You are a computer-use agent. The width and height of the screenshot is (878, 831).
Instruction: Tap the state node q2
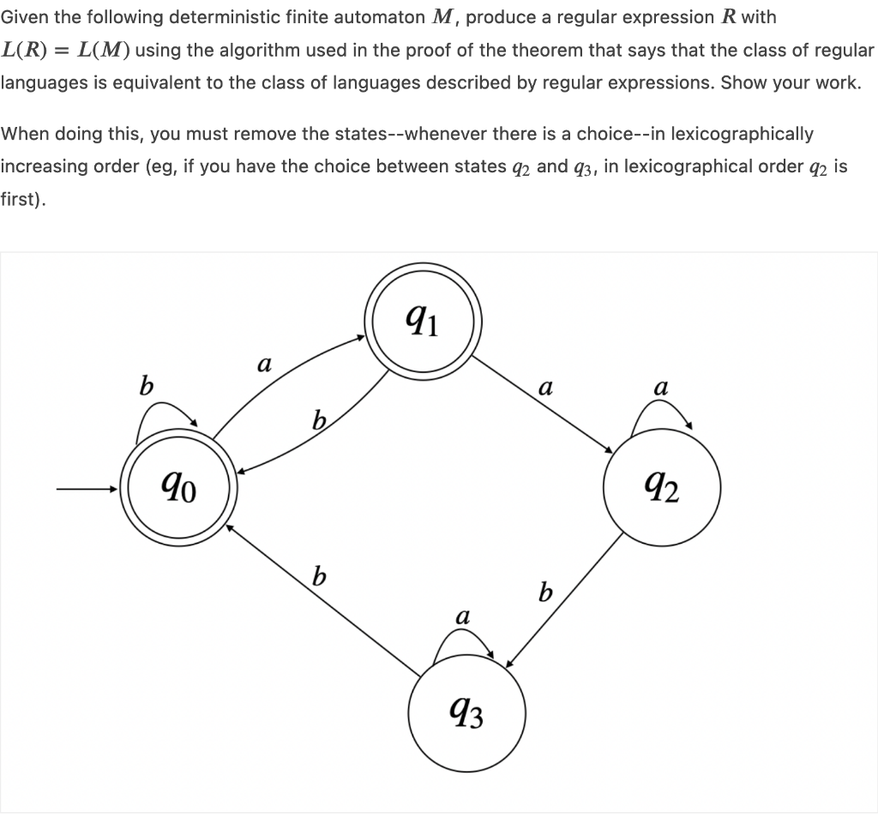click(662, 490)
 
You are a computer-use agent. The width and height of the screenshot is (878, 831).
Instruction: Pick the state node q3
click(466, 713)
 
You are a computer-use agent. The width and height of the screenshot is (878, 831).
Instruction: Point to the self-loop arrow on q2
click(661, 413)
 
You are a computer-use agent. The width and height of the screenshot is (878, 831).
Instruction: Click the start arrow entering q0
click(86, 491)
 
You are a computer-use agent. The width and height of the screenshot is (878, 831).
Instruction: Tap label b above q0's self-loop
click(147, 386)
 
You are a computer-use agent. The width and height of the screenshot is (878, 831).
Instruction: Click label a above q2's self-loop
click(661, 387)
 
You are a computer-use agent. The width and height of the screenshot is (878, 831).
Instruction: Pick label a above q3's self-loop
click(463, 616)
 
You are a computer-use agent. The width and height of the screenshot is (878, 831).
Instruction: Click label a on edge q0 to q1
click(264, 365)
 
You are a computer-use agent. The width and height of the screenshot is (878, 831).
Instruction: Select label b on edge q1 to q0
click(319, 421)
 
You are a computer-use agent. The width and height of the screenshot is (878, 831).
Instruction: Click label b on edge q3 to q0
click(319, 575)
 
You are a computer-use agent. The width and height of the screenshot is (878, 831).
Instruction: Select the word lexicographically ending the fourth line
click(742, 134)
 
